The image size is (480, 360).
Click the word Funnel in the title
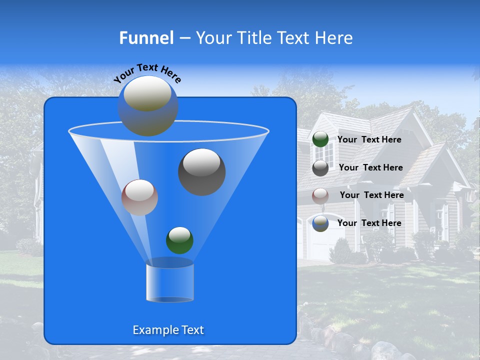click(146, 38)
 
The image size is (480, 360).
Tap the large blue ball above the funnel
click(148, 106)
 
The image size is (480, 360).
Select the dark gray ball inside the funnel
click(202, 172)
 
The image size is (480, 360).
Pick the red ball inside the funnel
click(139, 197)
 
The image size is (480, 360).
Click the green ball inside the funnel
click(179, 240)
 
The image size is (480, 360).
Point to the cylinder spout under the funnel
click(170, 283)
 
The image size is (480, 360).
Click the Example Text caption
click(168, 330)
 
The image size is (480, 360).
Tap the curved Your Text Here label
click(148, 73)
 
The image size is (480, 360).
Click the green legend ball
click(320, 139)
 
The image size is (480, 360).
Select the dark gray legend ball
click(320, 168)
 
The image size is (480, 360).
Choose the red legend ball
click(320, 195)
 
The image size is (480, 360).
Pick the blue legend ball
click(320, 223)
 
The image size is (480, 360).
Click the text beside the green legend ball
click(369, 140)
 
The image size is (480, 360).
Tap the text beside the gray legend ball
click(370, 167)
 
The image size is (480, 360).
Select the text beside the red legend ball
click(371, 195)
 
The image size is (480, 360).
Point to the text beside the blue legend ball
click(369, 223)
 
